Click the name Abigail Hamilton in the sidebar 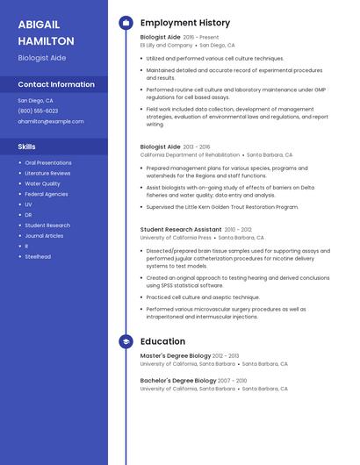point(46,32)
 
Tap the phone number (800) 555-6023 point(38,111)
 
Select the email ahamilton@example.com point(50,121)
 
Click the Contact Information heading point(56,84)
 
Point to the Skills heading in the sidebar point(26,147)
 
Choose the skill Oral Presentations point(48,162)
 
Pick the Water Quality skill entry point(42,183)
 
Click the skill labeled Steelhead point(38,256)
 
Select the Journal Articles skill point(44,235)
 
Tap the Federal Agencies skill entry point(47,194)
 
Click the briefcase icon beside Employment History point(125,23)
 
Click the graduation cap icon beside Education point(125,341)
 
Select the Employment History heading point(185,23)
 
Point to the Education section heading point(162,341)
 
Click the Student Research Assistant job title point(181,229)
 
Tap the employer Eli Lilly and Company point(166,45)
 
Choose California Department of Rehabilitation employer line point(190,154)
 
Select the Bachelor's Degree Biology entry point(177,380)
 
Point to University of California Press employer point(176,237)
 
